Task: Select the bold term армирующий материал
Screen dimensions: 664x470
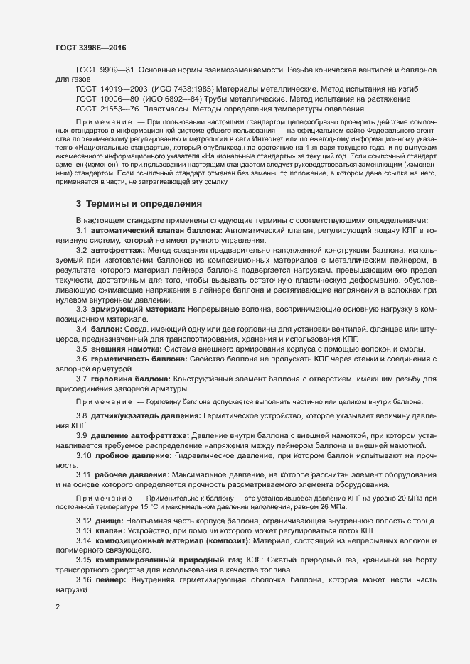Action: (x=129, y=310)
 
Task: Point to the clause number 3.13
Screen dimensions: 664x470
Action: (x=82, y=530)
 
